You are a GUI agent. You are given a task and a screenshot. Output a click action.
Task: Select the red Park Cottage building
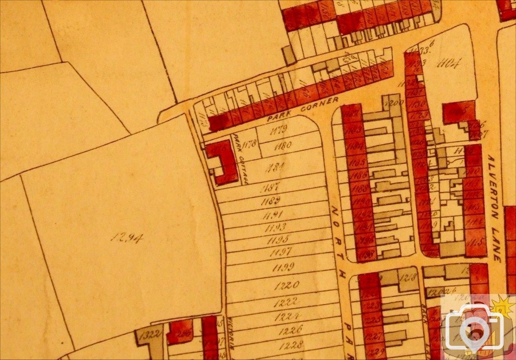(x=221, y=161)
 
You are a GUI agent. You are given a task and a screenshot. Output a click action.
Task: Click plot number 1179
(x=278, y=130)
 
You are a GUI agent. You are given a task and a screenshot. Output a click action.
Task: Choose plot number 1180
(x=282, y=146)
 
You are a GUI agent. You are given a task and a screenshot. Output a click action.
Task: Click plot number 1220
(x=287, y=285)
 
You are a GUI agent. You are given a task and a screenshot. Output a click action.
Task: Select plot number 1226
(x=290, y=330)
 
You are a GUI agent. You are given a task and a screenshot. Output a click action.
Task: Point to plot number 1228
(x=290, y=345)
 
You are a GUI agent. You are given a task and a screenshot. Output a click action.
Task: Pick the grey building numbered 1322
(x=150, y=334)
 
